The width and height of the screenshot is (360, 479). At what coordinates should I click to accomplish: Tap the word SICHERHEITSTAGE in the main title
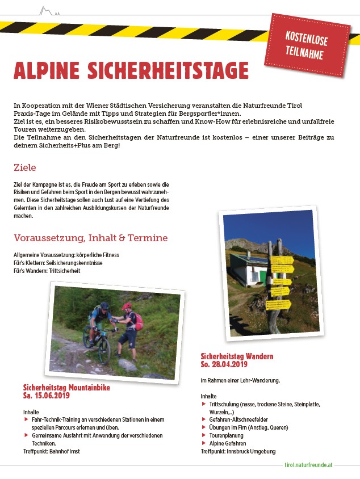point(168,71)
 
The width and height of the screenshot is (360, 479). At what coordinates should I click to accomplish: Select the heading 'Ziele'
point(25,167)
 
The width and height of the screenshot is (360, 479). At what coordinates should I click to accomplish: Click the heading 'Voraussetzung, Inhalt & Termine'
point(91,238)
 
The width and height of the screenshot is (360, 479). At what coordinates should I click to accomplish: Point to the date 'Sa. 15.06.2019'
point(46,395)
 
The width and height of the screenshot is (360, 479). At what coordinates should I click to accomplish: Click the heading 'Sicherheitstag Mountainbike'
point(66,388)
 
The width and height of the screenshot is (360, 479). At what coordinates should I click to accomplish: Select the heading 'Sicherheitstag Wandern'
point(237,356)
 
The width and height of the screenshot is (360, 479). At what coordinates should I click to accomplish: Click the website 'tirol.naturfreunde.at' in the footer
point(309,464)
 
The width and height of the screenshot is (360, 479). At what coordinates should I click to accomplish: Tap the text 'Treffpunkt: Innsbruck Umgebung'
point(238,451)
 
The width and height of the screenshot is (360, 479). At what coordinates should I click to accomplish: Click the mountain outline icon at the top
point(50,10)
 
